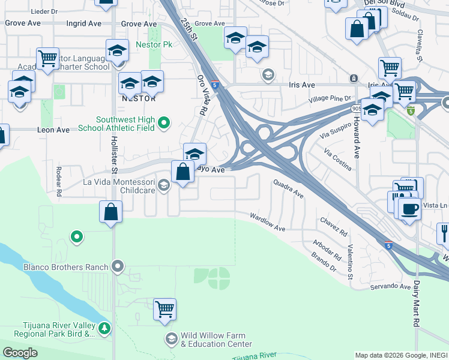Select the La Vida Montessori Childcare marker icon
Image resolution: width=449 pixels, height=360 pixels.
pyautogui.click(x=163, y=185)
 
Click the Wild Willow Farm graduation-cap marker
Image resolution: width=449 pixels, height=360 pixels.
pyautogui.click(x=172, y=339)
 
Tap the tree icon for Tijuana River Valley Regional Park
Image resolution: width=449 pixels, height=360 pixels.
pyautogui.click(x=105, y=328)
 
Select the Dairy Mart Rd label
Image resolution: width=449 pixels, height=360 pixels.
pyautogui.click(x=416, y=307)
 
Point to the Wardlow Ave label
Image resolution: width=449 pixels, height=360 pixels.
pyautogui.click(x=268, y=221)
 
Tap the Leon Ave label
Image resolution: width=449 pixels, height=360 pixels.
pyautogui.click(x=54, y=130)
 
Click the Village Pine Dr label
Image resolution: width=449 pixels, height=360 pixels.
pyautogui.click(x=330, y=98)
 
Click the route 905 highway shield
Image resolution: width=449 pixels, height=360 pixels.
pyautogui.click(x=356, y=107)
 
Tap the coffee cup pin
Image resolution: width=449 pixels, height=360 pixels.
pyautogui.click(x=409, y=209)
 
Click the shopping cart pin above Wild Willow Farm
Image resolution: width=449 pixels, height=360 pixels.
pyautogui.click(x=164, y=309)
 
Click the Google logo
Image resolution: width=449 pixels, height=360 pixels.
pyautogui.click(x=20, y=353)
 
